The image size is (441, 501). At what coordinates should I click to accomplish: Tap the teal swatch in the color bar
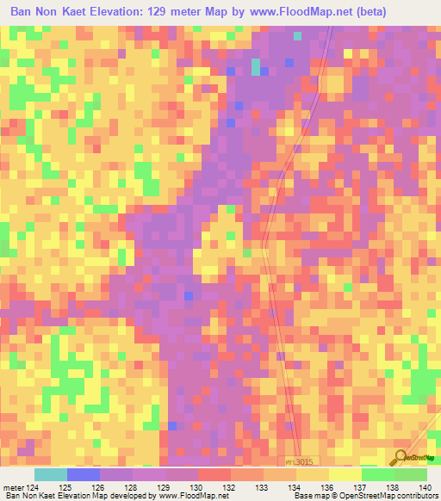[x=51, y=474]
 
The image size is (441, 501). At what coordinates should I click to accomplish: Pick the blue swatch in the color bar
[x=84, y=474]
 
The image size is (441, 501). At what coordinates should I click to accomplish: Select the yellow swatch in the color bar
[x=345, y=474]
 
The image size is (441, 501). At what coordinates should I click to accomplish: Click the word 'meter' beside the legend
[x=13, y=486]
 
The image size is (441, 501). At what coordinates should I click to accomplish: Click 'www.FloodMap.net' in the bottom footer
[x=184, y=497]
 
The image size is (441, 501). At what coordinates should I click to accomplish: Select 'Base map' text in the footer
[x=311, y=497]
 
